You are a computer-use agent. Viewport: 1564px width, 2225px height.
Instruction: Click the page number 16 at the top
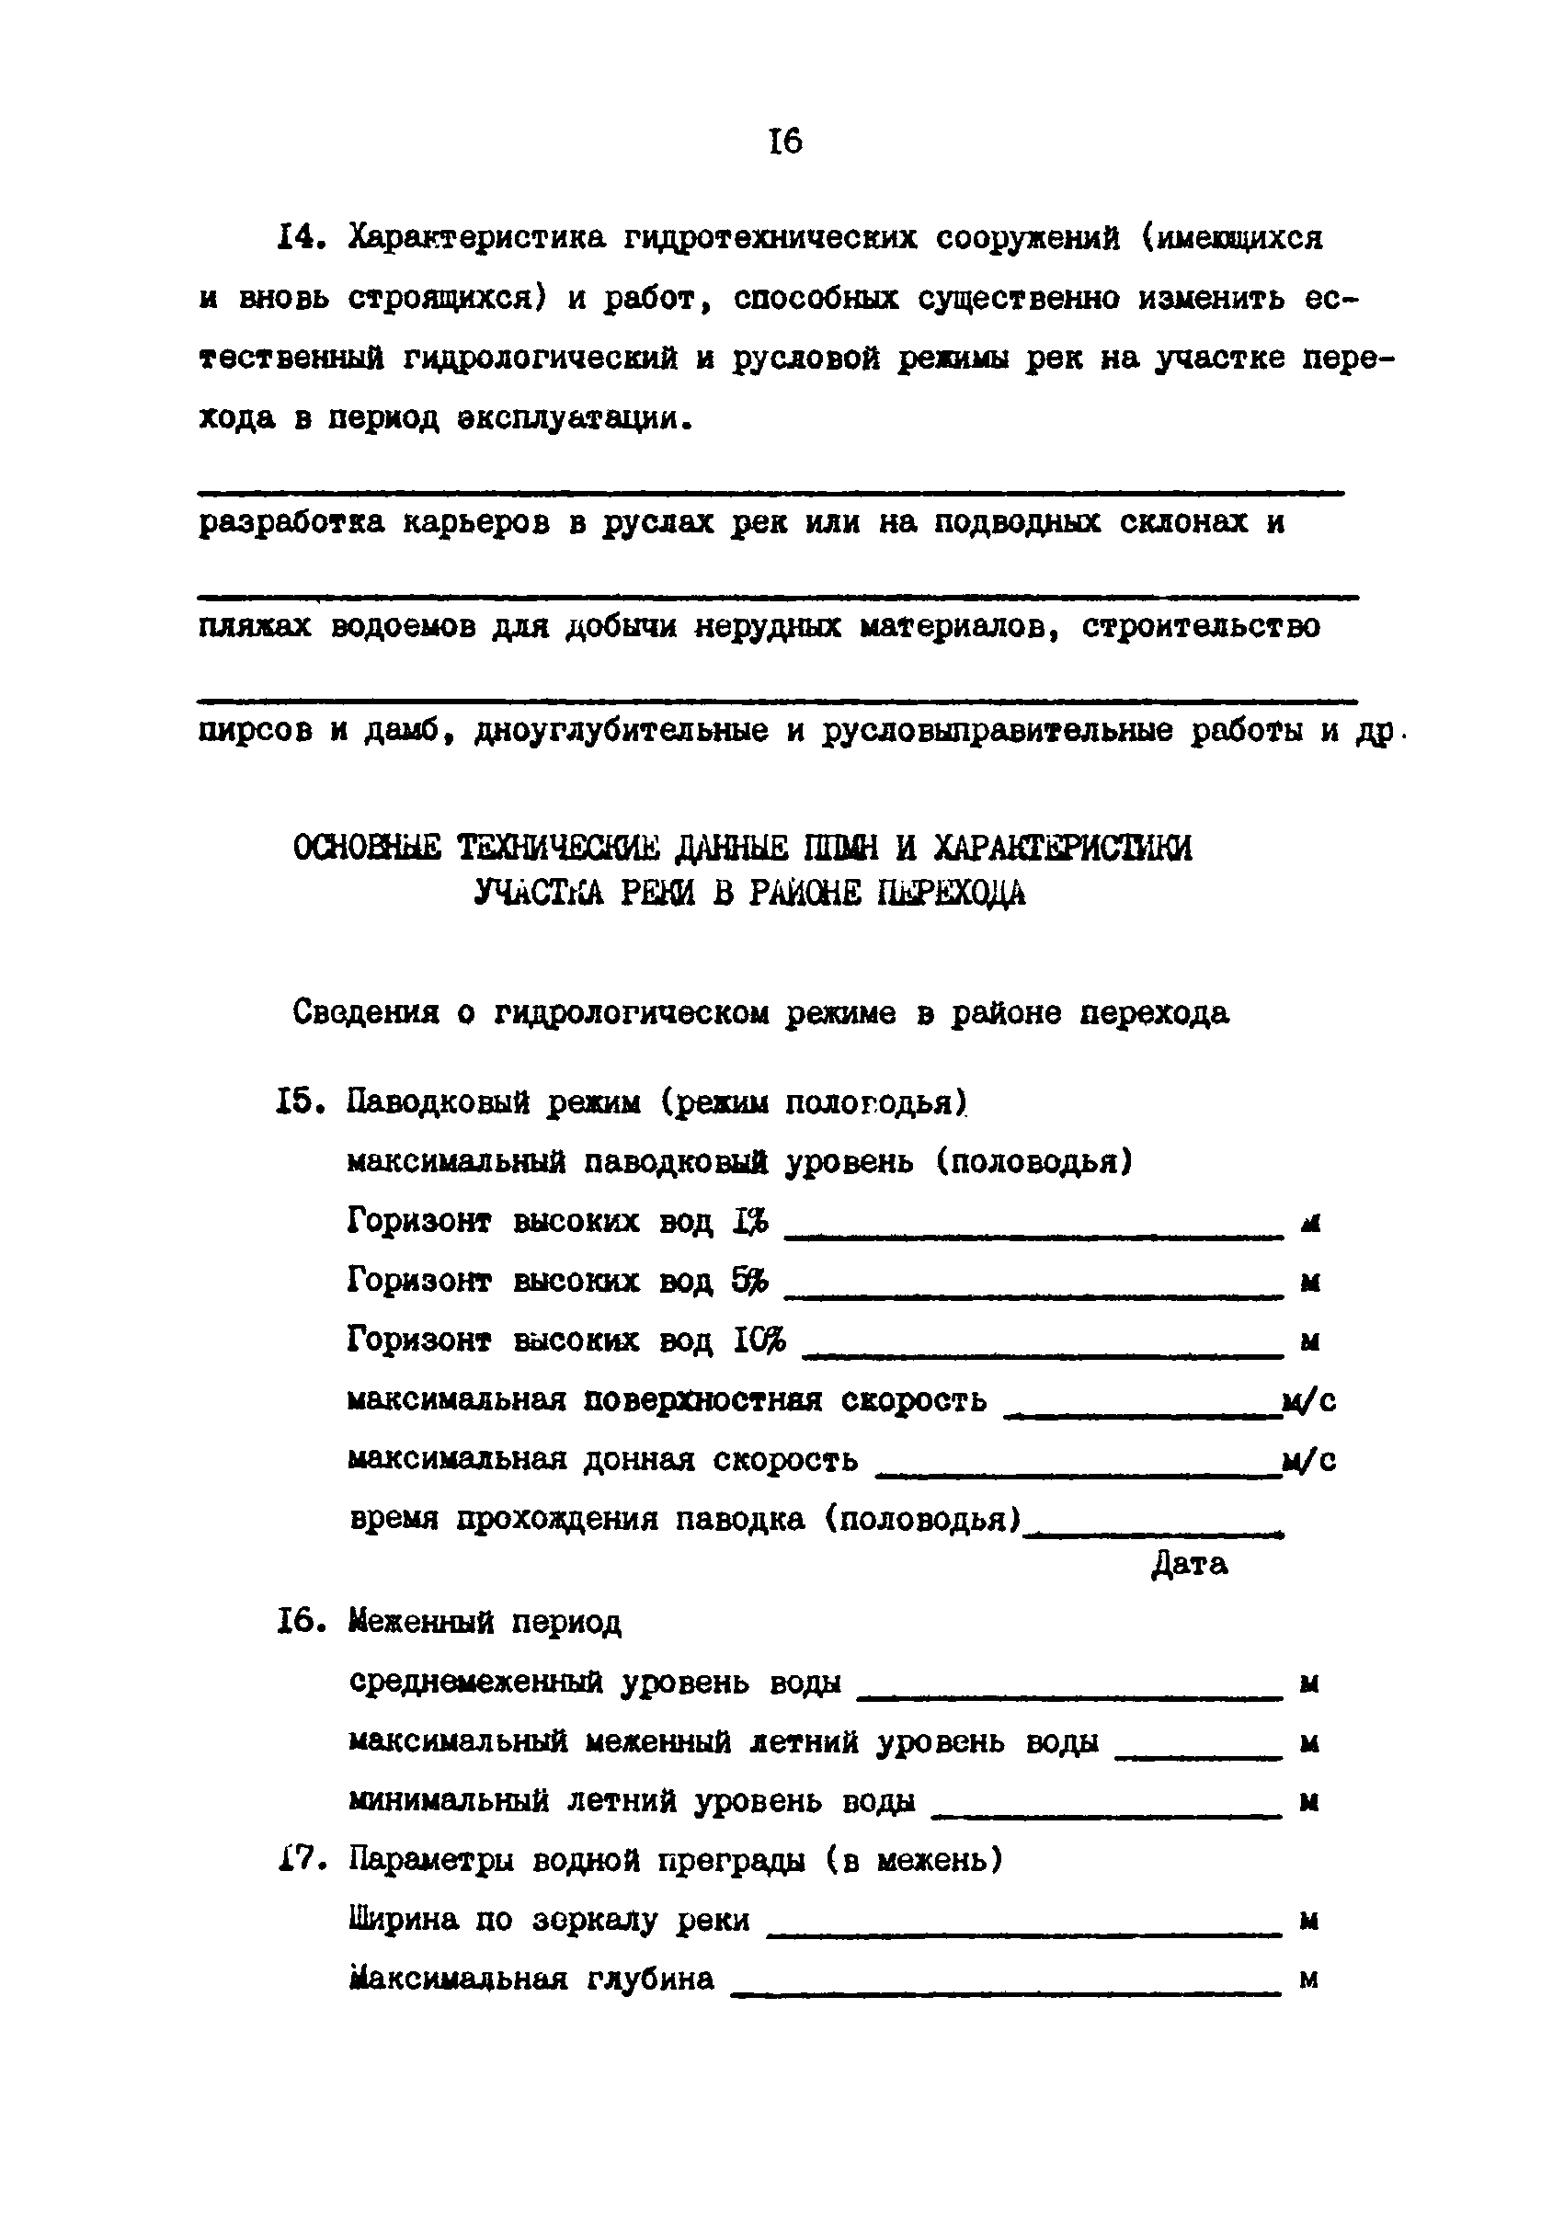pyautogui.click(x=785, y=143)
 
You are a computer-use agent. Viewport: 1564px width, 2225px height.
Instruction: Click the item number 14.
pyautogui.click(x=299, y=237)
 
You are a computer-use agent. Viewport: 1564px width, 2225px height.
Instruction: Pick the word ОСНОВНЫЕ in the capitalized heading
pyautogui.click(x=366, y=848)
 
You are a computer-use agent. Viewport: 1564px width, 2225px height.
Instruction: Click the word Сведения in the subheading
pyautogui.click(x=365, y=1013)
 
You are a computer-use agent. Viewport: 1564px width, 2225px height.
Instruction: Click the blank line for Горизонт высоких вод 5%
pyautogui.click(x=1033, y=1295)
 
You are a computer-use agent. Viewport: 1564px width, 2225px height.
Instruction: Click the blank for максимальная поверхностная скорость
pyautogui.click(x=1141, y=1416)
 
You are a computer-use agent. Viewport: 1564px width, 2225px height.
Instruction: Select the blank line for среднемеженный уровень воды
pyautogui.click(x=1070, y=1696)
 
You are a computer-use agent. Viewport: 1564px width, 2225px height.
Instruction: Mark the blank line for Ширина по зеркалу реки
pyautogui.click(x=1024, y=1934)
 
